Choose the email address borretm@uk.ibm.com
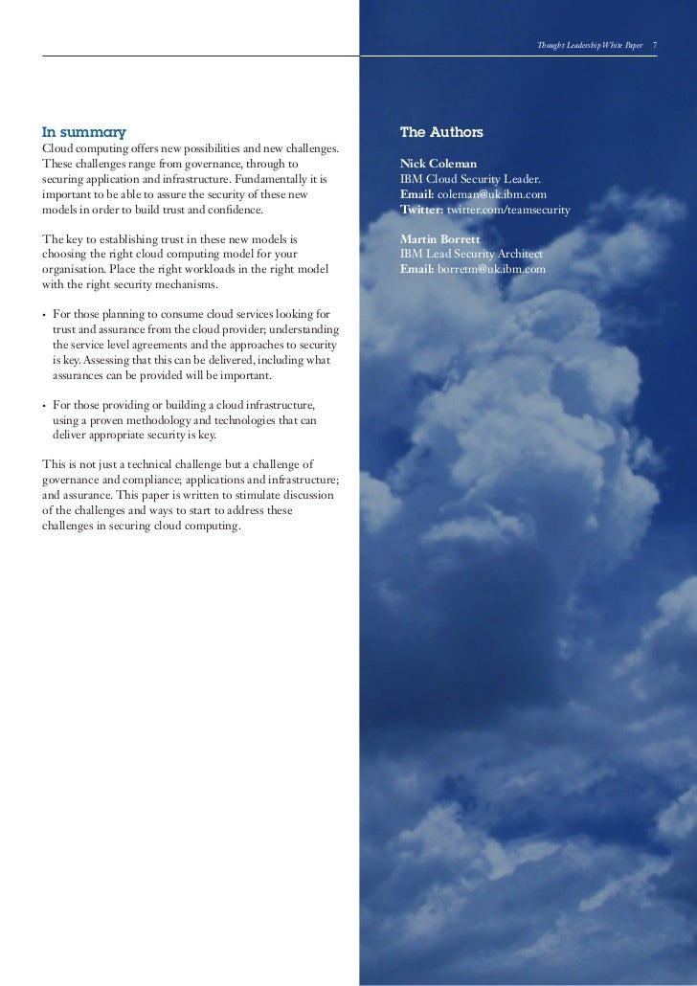click(491, 270)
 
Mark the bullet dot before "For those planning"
click(44, 315)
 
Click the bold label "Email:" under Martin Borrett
click(416, 270)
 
